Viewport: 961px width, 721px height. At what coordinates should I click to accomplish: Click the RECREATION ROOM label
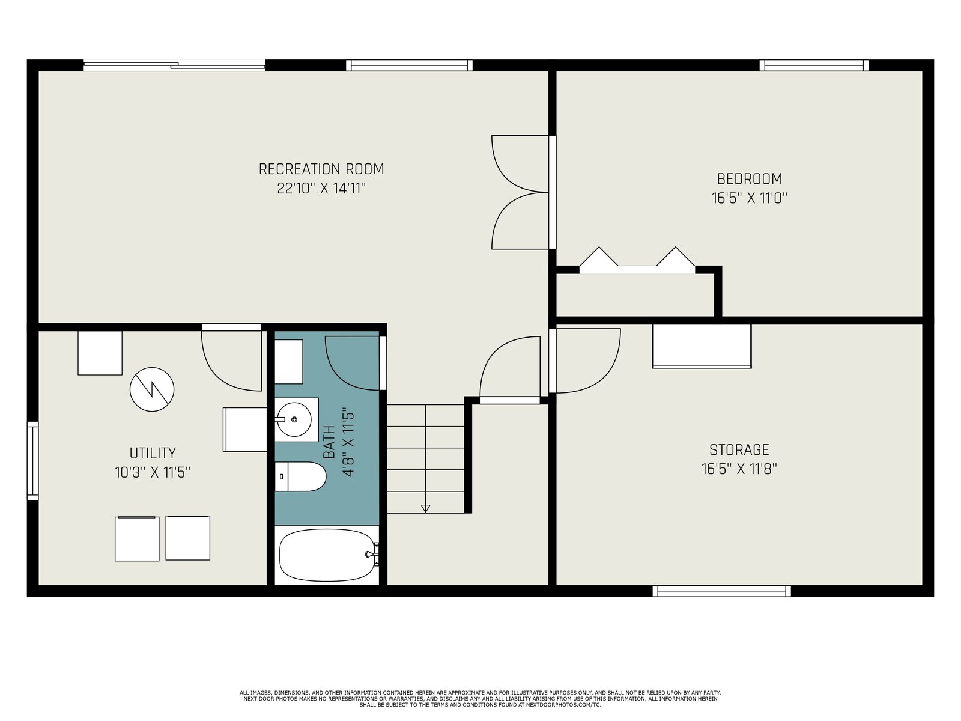(321, 169)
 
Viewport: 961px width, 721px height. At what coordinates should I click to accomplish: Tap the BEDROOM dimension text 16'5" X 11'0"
(750, 198)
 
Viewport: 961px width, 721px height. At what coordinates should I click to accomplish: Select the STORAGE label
(739, 449)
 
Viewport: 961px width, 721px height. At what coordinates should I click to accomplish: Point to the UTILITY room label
(153, 452)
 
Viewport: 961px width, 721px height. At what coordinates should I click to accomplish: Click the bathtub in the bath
(327, 555)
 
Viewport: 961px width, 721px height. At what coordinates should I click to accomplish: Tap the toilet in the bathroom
(300, 476)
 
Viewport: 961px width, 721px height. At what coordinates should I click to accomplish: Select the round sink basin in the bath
(294, 419)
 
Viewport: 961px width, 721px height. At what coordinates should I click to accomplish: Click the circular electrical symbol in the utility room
(152, 389)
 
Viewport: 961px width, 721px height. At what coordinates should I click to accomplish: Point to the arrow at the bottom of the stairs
(425, 508)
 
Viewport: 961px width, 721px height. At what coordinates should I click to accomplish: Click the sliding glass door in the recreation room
(174, 65)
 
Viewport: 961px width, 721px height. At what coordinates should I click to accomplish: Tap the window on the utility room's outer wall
(33, 460)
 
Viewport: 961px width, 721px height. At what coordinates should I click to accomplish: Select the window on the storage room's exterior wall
(721, 591)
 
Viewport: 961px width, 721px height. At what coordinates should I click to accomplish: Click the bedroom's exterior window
(814, 65)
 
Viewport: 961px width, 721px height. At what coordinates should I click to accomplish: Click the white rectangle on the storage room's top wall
(702, 346)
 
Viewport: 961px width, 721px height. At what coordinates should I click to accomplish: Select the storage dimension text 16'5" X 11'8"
(739, 469)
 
